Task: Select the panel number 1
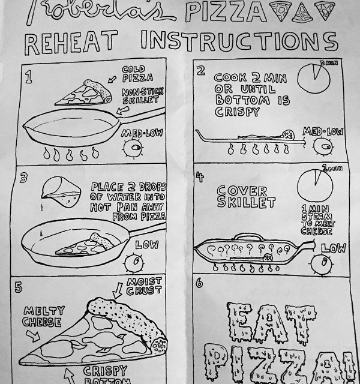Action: (28, 77)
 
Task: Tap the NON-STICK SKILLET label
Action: (139, 97)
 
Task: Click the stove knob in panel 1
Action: (136, 147)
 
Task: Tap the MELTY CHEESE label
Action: (42, 317)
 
